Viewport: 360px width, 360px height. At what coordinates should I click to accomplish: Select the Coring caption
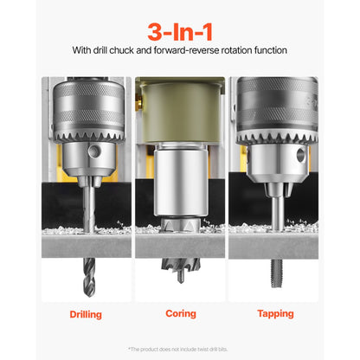point(180,314)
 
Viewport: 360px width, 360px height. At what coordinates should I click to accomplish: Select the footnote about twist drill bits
point(179,349)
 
